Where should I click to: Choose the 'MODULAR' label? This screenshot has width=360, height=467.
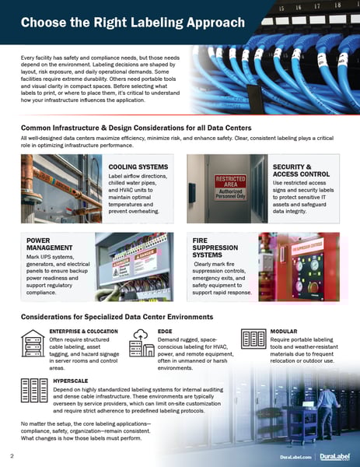pyautogui.click(x=283, y=331)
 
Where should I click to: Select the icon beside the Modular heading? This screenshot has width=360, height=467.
pyautogui.click(x=254, y=339)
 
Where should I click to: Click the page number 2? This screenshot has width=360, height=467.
pyautogui.click(x=12, y=454)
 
